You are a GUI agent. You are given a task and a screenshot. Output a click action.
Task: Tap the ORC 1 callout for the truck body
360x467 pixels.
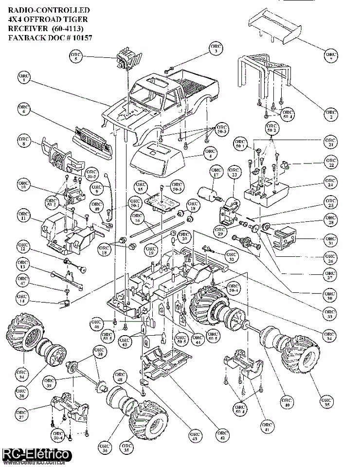coord(25,78)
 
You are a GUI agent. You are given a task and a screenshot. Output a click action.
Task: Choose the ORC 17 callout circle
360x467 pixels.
coord(216,172)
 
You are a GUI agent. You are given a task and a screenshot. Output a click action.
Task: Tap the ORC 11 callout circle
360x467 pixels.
coord(23,216)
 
